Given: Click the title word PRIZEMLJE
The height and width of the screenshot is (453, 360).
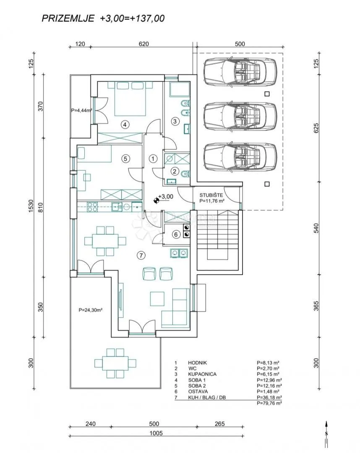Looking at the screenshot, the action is click(x=68, y=18).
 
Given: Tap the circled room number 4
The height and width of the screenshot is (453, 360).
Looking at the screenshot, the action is click(x=125, y=125).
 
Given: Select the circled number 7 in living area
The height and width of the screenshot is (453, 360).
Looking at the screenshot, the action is click(x=141, y=255).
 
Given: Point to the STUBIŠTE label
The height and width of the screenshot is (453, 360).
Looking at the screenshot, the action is click(x=211, y=195).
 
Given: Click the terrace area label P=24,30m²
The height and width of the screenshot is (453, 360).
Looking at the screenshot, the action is click(x=91, y=310).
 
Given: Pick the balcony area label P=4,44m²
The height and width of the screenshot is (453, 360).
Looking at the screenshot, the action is click(x=81, y=110).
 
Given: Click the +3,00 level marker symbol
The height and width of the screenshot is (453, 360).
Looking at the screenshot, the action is click(x=157, y=200).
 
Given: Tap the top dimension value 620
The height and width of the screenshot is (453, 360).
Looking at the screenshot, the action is click(x=143, y=44).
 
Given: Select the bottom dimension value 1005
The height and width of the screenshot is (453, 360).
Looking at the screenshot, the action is click(x=156, y=433).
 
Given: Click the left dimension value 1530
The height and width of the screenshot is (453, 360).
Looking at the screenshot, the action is click(x=31, y=206).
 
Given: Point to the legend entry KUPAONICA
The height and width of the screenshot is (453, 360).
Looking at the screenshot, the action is click(x=202, y=374).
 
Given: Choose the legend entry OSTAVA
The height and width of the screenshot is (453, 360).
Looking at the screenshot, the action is click(x=198, y=391).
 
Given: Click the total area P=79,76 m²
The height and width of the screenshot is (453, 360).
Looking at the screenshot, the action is click(x=269, y=403).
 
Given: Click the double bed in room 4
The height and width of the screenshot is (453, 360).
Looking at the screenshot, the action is click(x=130, y=99).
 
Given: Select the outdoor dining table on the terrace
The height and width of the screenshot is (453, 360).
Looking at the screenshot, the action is click(x=115, y=363).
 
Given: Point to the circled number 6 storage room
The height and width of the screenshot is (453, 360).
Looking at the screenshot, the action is click(x=176, y=234).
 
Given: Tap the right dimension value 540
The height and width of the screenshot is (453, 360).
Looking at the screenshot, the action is click(x=317, y=228).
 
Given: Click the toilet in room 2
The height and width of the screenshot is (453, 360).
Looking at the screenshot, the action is click(x=185, y=174).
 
